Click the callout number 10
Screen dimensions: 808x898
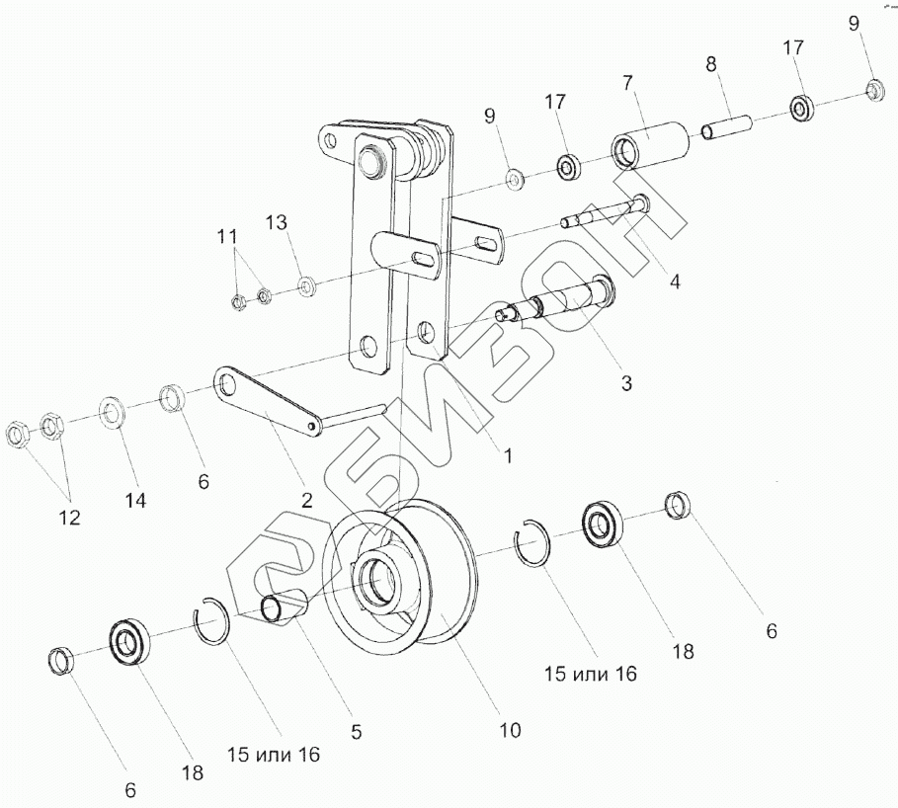(x=509, y=731)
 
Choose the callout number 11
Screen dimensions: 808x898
(x=227, y=236)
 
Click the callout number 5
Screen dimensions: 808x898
(x=357, y=732)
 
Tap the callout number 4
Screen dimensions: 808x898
(x=675, y=282)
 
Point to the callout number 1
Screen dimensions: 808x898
(x=508, y=456)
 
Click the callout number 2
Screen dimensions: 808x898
(x=306, y=501)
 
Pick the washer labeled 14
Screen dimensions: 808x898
(x=111, y=412)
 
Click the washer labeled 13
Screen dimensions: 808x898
(x=306, y=285)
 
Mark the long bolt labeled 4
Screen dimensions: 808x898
(x=603, y=213)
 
